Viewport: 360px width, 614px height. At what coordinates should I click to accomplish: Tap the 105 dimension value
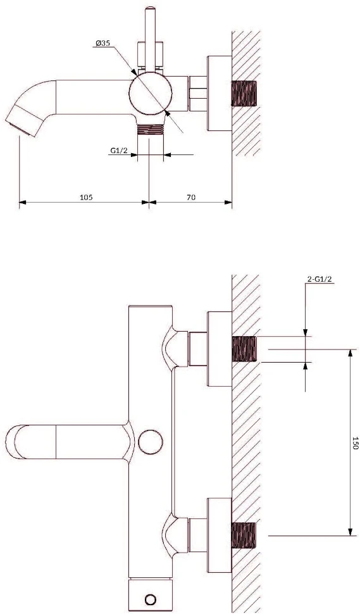tap(86, 197)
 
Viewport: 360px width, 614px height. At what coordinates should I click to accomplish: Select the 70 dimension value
tap(190, 197)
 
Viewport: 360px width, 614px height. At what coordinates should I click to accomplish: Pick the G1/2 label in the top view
tap(118, 150)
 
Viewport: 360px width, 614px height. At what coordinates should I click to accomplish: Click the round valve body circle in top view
tap(150, 93)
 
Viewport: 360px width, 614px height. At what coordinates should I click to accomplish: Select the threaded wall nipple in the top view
tap(244, 94)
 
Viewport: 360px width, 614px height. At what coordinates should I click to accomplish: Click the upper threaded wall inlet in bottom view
tap(244, 349)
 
